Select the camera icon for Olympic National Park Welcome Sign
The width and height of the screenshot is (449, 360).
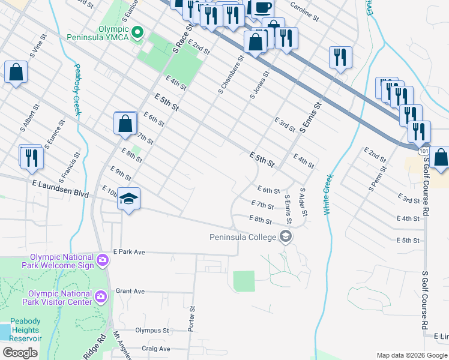pyautogui.click(x=102, y=260)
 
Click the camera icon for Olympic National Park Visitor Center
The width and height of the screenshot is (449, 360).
pyautogui.click(x=101, y=296)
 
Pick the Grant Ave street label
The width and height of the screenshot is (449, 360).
pyautogui.click(x=130, y=291)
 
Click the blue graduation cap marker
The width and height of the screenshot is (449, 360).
pyautogui.click(x=128, y=199)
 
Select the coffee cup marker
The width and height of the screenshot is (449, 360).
pyautogui.click(x=262, y=7)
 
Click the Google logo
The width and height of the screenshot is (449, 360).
pyautogui.click(x=20, y=353)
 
